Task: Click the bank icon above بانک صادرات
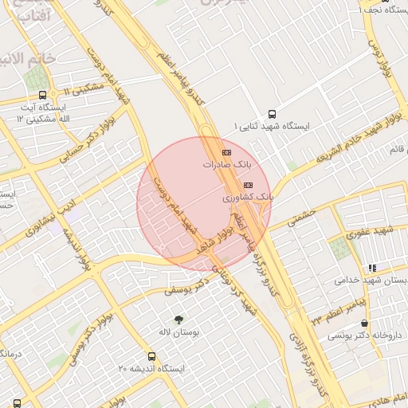[x=226, y=152]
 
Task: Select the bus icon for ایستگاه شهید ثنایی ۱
[x=272, y=115]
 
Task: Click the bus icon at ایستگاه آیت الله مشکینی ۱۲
[x=42, y=95]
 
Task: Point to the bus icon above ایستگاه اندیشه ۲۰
[x=151, y=357]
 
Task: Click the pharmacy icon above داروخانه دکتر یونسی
[x=365, y=324]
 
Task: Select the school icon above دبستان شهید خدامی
[x=371, y=269]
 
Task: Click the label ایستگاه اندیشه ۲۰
[x=151, y=370]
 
